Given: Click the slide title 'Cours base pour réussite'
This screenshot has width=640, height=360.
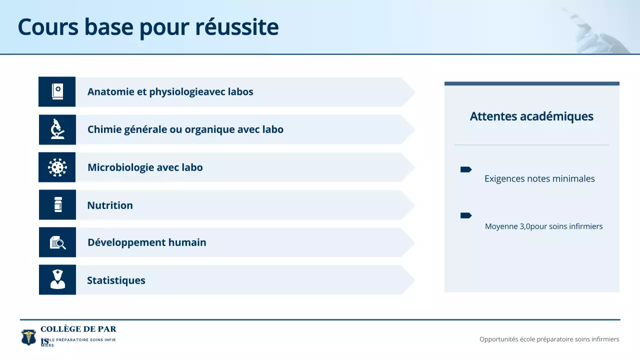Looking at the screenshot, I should (148, 27).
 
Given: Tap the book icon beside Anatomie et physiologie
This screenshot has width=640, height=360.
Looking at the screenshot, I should (57, 91).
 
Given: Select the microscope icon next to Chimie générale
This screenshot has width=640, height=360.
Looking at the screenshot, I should (57, 129).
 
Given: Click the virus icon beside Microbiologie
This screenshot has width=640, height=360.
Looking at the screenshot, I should (57, 167).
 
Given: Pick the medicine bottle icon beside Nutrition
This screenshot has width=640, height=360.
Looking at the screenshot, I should (58, 204).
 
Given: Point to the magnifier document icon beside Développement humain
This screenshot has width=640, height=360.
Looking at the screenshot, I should (58, 242).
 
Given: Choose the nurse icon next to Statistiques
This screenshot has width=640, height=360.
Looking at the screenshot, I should (58, 279).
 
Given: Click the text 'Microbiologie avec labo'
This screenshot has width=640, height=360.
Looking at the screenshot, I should (145, 167).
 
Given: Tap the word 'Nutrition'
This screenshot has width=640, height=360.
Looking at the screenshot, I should (110, 205).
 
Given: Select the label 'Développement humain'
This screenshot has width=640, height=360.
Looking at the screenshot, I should (146, 242).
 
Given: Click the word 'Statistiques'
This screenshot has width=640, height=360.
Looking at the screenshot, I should (116, 280).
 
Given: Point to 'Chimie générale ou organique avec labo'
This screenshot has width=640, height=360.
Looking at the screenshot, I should (185, 129).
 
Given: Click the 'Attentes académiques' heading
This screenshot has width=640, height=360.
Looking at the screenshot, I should (531, 116).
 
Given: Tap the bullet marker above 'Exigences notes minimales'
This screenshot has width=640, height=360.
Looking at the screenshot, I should (465, 170).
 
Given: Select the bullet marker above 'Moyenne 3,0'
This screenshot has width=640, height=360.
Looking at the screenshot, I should (465, 215).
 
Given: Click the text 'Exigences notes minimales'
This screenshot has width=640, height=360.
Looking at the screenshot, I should (539, 178).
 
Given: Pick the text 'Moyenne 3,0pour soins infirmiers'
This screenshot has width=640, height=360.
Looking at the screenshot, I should (543, 226).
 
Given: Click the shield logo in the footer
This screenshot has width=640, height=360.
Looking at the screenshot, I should (28, 337).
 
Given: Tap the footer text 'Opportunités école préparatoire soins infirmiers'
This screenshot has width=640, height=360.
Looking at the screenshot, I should (549, 339).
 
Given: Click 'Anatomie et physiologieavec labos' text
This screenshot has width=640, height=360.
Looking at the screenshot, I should (170, 92).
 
